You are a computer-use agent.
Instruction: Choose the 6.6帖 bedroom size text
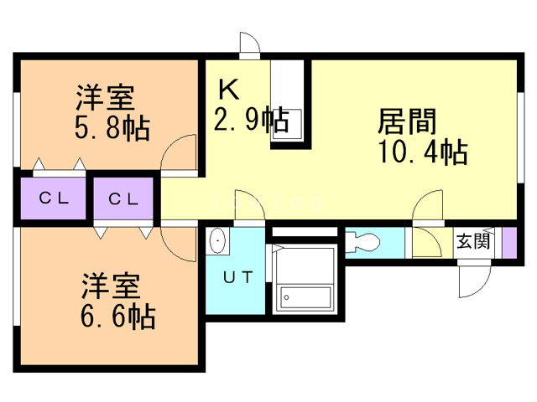click(x=118, y=316)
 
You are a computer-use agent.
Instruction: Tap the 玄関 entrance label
click(x=472, y=242)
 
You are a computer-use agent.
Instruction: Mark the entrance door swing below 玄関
click(x=470, y=277)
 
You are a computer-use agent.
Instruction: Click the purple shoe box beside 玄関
click(x=508, y=242)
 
